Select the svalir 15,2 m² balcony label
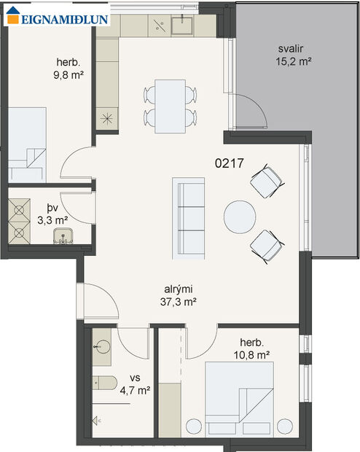294,56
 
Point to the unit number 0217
229,165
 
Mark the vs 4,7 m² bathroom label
135,384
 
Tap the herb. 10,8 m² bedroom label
254,348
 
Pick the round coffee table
239,217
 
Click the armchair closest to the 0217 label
266,181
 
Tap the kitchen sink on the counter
182,27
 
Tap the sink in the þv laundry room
63,235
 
